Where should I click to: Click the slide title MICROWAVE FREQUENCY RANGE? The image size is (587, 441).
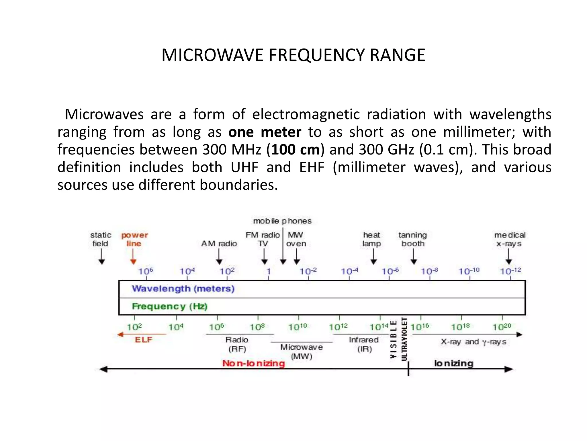tap(293, 55)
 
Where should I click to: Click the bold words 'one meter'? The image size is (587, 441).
tap(265, 132)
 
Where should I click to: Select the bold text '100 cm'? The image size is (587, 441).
tap(296, 150)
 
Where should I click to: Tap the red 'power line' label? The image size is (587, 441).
tap(134, 239)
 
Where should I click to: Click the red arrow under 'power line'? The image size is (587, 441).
tap(133, 257)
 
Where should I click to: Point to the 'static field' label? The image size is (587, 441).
tap(100, 239)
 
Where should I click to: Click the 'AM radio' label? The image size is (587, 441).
tap(219, 243)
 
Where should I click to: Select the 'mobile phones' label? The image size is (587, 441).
tap(282, 221)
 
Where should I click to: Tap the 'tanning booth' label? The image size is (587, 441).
tap(413, 239)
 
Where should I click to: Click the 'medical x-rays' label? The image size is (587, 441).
tap(510, 239)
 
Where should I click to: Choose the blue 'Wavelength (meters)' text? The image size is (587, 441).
tap(183, 289)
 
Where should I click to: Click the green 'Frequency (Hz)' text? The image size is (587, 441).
tap(169, 306)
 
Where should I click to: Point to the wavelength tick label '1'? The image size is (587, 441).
tap(269, 271)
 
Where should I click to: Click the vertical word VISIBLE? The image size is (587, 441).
tap(394, 339)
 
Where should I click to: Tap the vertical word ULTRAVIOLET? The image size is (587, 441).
tap(404, 339)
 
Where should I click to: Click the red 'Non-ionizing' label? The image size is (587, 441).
tap(254, 363)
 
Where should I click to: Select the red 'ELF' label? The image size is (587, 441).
tap(144, 340)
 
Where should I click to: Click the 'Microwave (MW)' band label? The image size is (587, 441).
tap(302, 352)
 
